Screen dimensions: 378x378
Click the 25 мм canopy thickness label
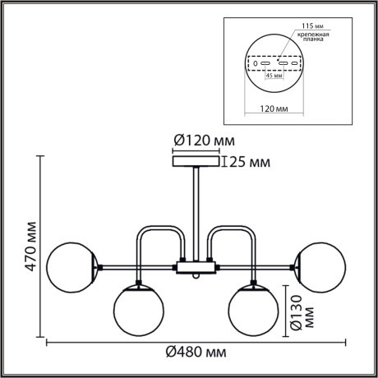(x=247, y=162)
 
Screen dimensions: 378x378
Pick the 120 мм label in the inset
(x=276, y=107)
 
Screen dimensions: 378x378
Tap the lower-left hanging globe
(x=136, y=308)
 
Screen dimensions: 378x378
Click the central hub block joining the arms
(x=196, y=266)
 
